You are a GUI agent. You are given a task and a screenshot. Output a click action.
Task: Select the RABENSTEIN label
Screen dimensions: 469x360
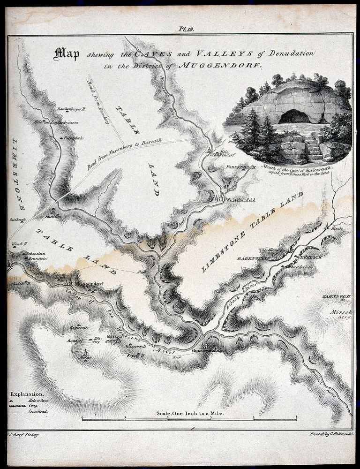coord(251,257)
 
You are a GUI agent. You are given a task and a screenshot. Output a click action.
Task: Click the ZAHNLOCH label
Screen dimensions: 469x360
coord(333,296)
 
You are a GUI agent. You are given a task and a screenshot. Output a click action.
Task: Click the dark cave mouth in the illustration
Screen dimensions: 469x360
coord(294,116)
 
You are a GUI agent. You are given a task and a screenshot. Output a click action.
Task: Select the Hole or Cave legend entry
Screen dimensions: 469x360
coord(37,400)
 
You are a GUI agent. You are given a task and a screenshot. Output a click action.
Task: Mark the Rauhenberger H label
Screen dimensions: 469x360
coord(71,108)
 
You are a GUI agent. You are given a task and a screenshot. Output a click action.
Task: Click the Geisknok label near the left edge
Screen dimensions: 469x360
coord(17,219)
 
